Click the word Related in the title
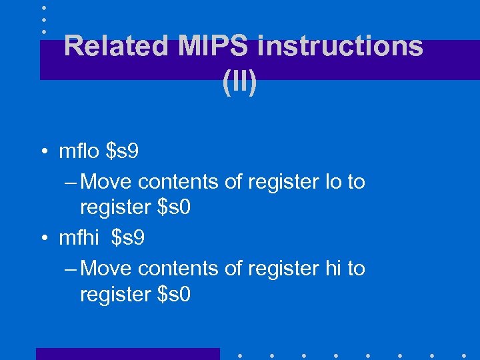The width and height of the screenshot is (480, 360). click(116, 46)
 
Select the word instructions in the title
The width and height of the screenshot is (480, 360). click(340, 46)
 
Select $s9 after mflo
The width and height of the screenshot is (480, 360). click(123, 151)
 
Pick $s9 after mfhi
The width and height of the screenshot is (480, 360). click(128, 238)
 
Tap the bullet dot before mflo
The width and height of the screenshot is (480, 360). click(43, 152)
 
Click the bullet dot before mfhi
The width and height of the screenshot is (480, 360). click(43, 239)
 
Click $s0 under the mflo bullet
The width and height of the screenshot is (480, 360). click(174, 207)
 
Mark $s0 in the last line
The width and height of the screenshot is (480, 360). click(174, 294)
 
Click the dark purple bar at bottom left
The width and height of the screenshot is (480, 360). click(127, 354)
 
